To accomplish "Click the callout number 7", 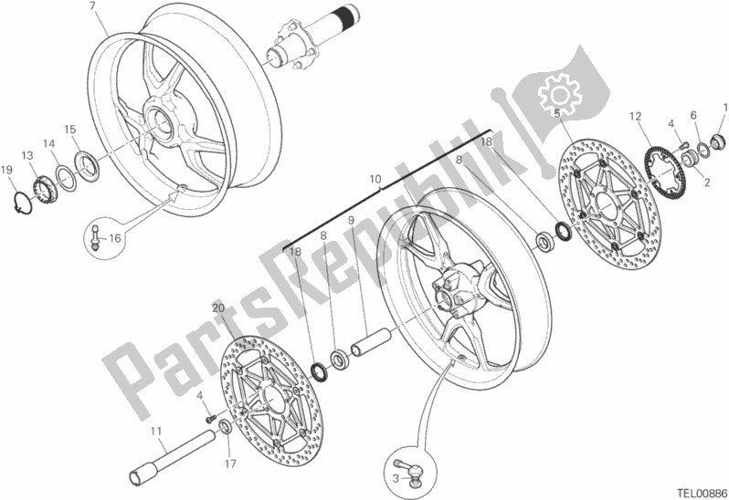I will pos(93,7).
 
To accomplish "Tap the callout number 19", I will pos(7,170).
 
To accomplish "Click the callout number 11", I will pos(156,431).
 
